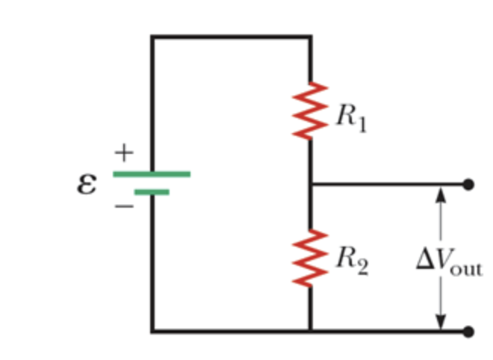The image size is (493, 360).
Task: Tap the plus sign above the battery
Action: [123, 154]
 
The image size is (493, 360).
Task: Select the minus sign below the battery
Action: [124, 204]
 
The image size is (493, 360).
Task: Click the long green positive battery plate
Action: [152, 174]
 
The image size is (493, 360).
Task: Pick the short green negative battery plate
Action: [152, 192]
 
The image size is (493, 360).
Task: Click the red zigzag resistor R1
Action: [311, 111]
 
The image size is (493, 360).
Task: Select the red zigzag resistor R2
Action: [311, 258]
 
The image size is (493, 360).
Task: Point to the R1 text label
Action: [350, 117]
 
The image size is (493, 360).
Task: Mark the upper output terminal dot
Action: [468, 184]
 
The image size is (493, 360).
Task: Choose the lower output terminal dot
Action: [468, 330]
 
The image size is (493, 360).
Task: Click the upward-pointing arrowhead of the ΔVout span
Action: [441, 194]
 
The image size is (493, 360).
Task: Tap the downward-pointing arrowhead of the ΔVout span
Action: [441, 320]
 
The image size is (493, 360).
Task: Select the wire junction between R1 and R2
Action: [311, 184]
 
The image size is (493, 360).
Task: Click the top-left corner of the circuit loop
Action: [152, 36]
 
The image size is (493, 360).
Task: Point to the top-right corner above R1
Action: [311, 36]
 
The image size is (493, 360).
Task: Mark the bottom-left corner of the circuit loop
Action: [152, 330]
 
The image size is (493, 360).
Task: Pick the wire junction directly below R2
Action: [311, 330]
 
